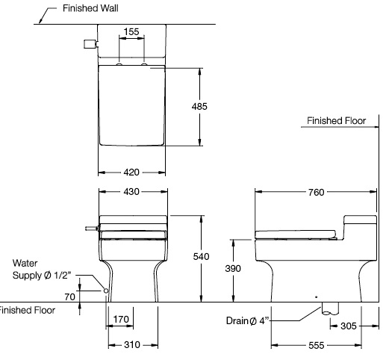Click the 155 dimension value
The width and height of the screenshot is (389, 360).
pos(131,31)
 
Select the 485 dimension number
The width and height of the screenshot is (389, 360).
pos(199,106)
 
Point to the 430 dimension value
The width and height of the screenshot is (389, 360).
pos(131,192)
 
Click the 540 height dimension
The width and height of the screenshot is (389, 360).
pos(201,256)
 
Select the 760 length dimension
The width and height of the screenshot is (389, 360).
pos(316,192)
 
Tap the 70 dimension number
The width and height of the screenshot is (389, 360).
pos(69,297)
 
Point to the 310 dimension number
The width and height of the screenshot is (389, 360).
pos(131,346)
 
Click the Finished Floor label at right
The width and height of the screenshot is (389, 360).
pos(336,120)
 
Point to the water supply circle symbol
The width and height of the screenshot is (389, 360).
pos(106,290)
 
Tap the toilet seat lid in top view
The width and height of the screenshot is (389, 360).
pos(131,105)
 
